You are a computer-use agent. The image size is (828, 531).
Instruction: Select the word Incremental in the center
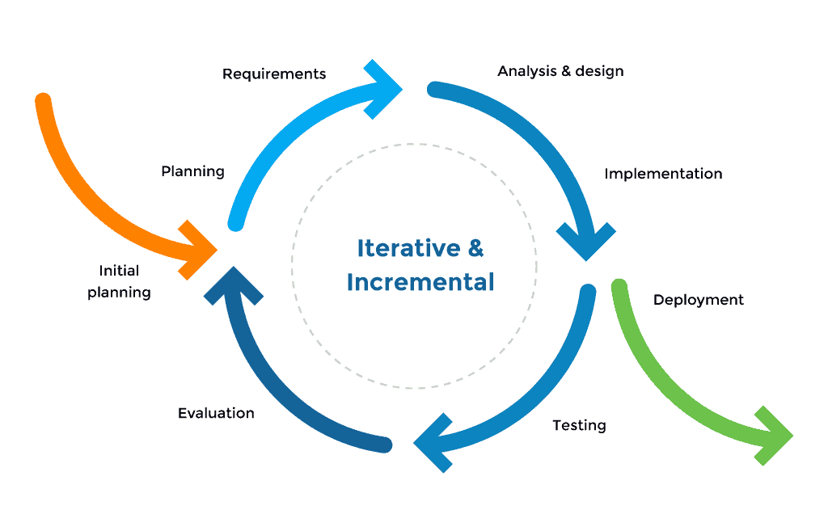tap(420, 283)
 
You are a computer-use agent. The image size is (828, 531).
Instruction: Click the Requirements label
tap(271, 71)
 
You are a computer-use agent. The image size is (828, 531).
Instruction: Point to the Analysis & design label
tap(564, 71)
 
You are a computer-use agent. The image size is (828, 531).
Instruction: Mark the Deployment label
tap(700, 300)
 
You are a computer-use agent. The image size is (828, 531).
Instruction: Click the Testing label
tap(581, 424)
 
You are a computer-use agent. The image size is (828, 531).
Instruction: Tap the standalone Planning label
tap(191, 172)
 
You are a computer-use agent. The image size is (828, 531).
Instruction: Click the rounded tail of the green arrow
tap(619, 287)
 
